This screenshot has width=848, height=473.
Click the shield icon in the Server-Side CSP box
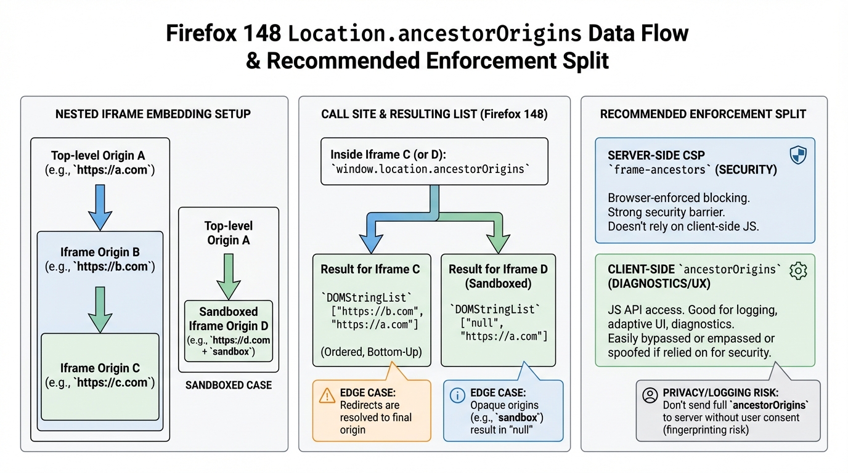[x=797, y=155]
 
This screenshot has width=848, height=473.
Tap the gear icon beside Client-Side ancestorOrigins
[x=798, y=270]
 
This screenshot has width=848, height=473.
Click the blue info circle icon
[x=457, y=395]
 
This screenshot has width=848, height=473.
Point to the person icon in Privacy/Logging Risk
[x=650, y=395]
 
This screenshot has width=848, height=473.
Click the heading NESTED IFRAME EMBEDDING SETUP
[x=153, y=114]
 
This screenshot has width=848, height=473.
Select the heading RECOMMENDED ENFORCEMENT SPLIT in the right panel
[x=703, y=114]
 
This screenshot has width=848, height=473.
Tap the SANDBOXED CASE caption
[x=228, y=386]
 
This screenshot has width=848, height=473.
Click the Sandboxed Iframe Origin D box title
[x=228, y=318]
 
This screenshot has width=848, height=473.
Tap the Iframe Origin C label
[x=100, y=368]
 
